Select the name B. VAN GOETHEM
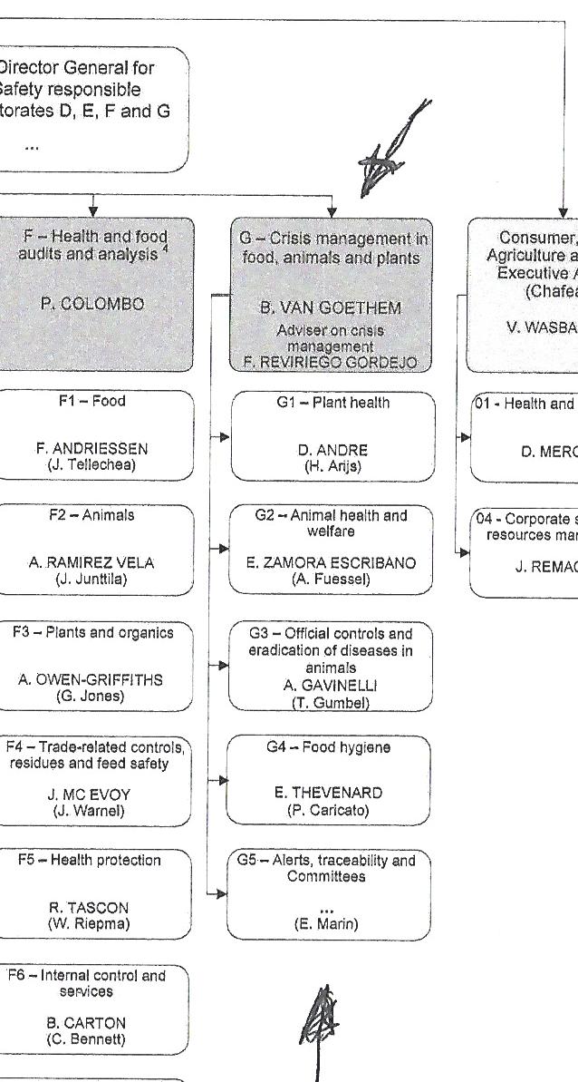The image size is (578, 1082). click(330, 308)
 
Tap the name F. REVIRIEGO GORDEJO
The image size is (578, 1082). click(330, 362)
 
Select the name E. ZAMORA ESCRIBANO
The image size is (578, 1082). click(331, 563)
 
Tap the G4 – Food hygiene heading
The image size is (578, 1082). click(329, 747)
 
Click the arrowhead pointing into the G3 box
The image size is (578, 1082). click(224, 665)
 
